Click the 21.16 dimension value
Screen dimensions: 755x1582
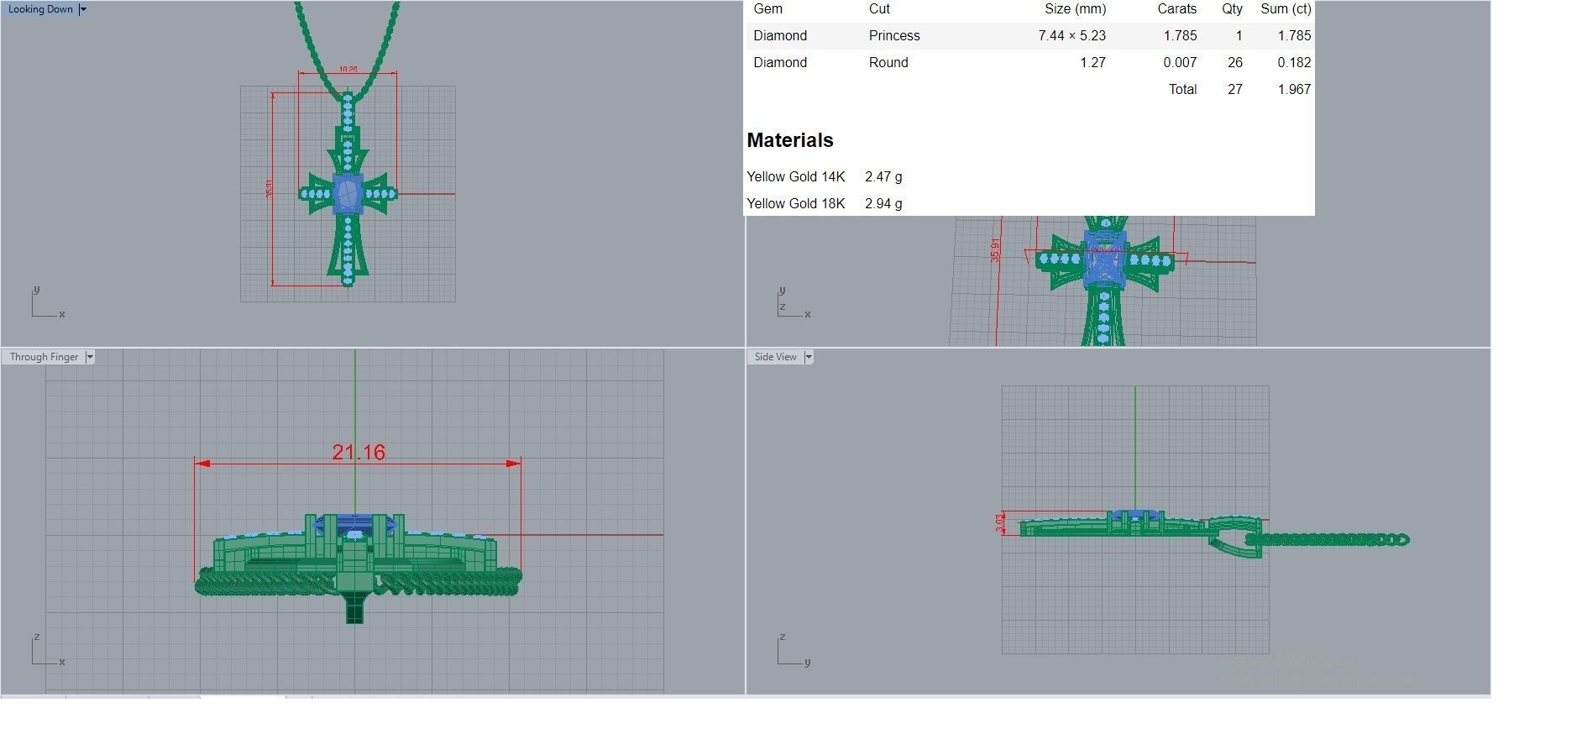coord(359,453)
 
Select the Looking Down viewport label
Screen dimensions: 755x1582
coord(40,9)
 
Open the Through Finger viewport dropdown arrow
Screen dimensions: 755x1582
coord(90,357)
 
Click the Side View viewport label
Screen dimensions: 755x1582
coord(775,357)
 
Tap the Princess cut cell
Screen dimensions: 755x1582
coord(894,35)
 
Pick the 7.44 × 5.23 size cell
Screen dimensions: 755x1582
coord(1071,35)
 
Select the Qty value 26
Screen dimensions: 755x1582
coord(1234,62)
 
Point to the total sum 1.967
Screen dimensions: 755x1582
coord(1293,89)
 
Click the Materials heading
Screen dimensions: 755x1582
coord(789,140)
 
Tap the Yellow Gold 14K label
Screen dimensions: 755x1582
coord(795,176)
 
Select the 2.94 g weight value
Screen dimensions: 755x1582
coord(883,203)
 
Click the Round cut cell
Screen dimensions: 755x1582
coord(888,62)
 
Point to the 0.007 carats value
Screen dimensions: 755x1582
coord(1180,62)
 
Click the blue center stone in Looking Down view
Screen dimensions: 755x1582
coord(348,194)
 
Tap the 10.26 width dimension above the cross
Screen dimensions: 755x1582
coord(348,70)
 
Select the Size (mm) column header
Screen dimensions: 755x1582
coord(1075,8)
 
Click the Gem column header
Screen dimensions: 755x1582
coord(767,8)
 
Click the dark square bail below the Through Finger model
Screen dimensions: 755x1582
coord(355,608)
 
